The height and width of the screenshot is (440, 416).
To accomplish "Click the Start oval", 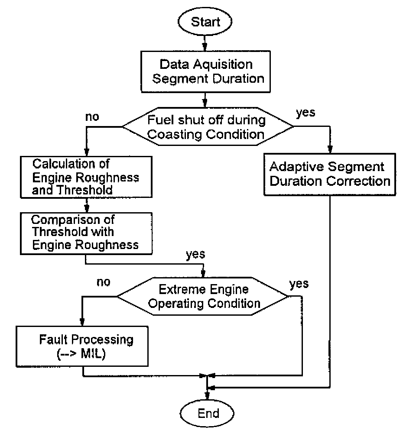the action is (x=205, y=22).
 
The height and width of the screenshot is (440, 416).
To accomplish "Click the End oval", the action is (x=207, y=413).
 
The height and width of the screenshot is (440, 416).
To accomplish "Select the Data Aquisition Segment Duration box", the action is (x=205, y=71).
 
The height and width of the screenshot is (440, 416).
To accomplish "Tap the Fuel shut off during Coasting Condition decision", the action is (x=208, y=126).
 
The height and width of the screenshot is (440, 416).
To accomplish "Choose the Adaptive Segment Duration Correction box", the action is (x=330, y=174).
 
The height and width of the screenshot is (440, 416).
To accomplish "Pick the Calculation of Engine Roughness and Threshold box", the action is (x=86, y=177).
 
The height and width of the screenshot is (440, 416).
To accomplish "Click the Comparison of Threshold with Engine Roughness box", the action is (x=86, y=233).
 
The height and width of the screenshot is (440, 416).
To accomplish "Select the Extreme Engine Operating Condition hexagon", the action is (x=203, y=296).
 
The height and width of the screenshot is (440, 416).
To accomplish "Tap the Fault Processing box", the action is (x=82, y=346).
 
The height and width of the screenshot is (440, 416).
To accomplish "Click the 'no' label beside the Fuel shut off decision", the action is (x=92, y=117).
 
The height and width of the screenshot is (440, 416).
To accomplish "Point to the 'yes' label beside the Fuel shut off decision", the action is (x=305, y=113).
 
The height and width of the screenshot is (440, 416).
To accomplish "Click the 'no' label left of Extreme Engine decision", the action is (x=103, y=282).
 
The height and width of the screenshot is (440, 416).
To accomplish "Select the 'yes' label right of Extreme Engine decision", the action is (x=299, y=284).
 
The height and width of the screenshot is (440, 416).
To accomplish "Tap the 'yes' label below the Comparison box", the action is (x=195, y=255).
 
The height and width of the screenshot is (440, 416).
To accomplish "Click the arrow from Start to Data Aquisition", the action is (x=205, y=43).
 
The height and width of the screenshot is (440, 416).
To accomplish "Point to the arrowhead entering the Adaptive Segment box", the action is (x=330, y=149).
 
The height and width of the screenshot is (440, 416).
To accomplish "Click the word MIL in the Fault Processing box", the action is (x=91, y=353).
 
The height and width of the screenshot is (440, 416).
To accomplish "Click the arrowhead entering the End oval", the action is (x=207, y=396).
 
